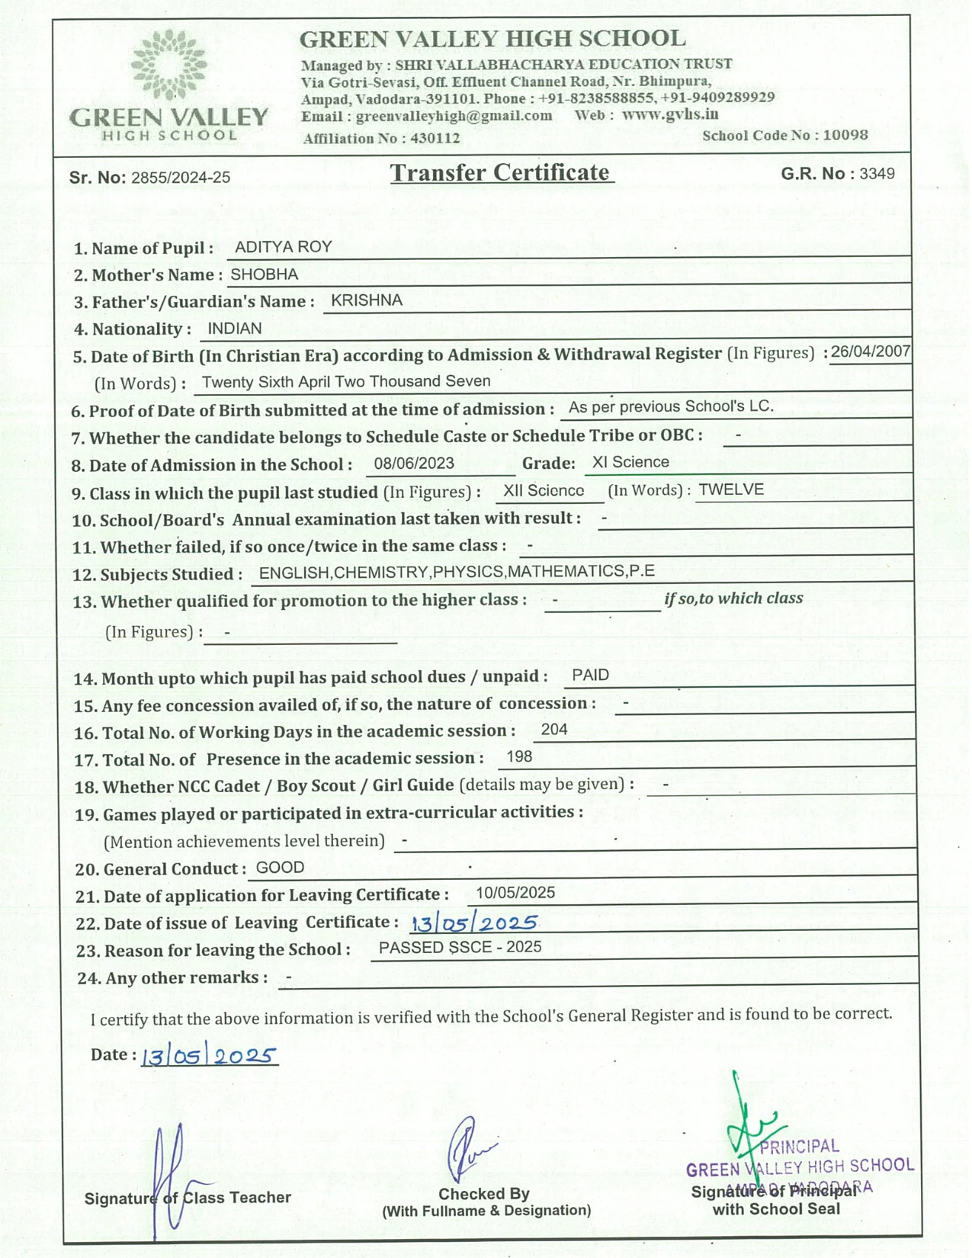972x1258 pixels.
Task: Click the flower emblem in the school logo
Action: [x=168, y=66]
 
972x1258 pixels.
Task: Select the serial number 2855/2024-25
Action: [x=181, y=178]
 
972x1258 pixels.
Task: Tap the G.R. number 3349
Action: [x=877, y=174]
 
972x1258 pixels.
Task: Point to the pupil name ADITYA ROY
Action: [x=284, y=247]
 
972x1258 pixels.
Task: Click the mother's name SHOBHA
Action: [x=265, y=274]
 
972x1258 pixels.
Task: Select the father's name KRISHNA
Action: [x=366, y=300]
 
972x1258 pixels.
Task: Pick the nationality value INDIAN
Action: [x=235, y=329]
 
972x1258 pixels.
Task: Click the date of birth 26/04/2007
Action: [x=871, y=351]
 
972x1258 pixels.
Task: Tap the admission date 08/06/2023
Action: [x=414, y=464]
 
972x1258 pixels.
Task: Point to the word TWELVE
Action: [x=731, y=489]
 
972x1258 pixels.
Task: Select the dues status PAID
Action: [x=591, y=676]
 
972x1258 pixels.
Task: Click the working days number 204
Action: [x=554, y=730]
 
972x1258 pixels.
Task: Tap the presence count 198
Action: [x=519, y=757]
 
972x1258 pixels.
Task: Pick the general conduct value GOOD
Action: [x=280, y=868]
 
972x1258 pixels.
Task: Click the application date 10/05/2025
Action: [x=515, y=893]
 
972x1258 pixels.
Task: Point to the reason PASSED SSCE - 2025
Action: [x=460, y=948]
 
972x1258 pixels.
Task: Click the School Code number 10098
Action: [x=845, y=135]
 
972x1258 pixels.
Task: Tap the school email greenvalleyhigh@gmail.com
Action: [x=454, y=116]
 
